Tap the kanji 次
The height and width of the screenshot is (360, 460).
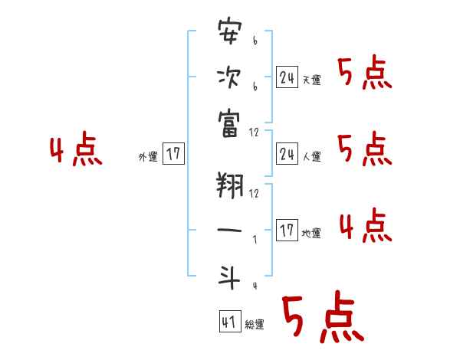[229, 77]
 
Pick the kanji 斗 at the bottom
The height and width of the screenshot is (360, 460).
[229, 277]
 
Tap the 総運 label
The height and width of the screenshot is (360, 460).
[255, 325]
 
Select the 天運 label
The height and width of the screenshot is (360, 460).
[311, 80]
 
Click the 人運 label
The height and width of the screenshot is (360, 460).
[311, 156]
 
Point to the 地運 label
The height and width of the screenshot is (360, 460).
[311, 233]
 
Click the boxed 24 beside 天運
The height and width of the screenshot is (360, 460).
[286, 77]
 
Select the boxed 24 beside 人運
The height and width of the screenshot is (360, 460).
[286, 153]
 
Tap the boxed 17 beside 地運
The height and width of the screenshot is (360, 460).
[286, 230]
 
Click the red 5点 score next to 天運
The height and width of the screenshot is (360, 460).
[364, 74]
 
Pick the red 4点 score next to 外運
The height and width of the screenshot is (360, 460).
[76, 150]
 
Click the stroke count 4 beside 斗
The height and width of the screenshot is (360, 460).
[254, 286]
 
